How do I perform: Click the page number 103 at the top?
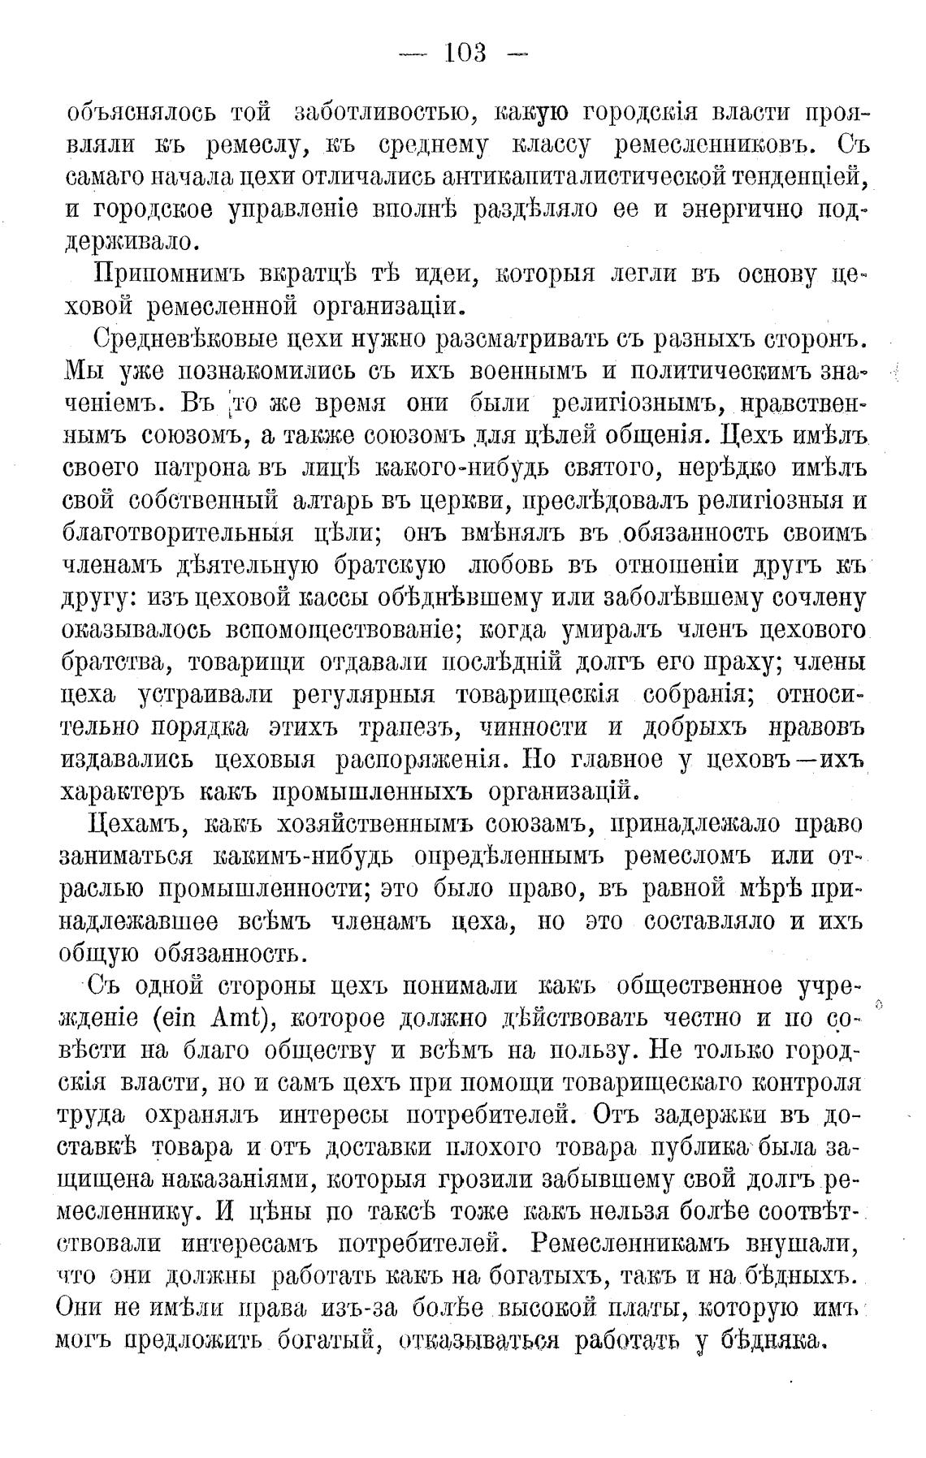tap(465, 54)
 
